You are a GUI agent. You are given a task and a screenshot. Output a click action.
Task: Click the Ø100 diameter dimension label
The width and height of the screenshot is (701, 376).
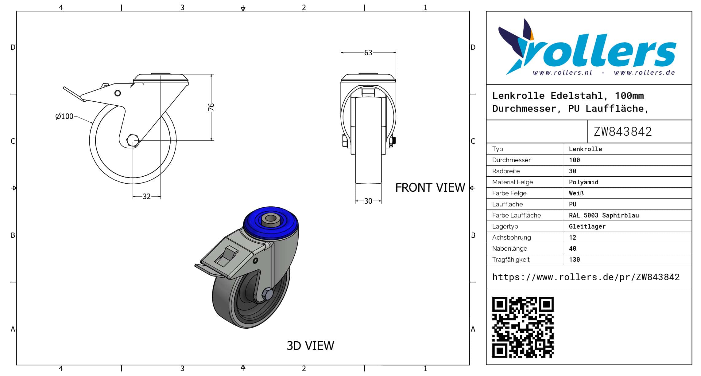pos(64,116)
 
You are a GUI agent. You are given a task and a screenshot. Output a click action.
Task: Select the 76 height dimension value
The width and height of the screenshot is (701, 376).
pos(211,107)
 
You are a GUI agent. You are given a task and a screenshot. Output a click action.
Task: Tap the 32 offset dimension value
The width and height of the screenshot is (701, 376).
pos(147,197)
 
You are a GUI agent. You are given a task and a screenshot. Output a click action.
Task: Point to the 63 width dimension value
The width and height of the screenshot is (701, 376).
pos(368,53)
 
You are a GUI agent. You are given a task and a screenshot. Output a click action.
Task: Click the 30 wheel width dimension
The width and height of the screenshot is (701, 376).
pos(368,201)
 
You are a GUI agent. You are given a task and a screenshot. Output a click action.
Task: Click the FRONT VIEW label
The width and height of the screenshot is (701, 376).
pos(430,188)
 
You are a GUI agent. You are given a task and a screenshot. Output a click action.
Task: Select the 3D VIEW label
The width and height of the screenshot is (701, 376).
pos(310,346)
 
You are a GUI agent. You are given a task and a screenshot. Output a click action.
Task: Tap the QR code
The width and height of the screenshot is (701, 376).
pos(523,327)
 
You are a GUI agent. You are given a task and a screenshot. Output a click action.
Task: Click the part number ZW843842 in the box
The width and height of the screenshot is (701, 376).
pos(622,132)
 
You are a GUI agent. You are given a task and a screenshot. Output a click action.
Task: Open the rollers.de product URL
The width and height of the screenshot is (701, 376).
pos(586,277)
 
